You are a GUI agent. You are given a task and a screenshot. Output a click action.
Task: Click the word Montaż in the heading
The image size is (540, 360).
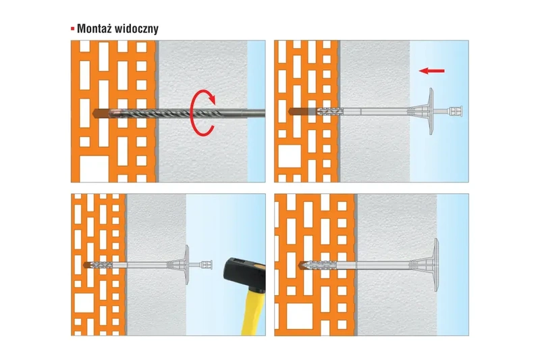(x=97, y=28)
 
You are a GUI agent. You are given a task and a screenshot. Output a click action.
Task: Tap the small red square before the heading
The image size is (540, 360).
(x=72, y=29)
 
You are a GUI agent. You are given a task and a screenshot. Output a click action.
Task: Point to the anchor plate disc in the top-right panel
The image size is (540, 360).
(x=432, y=111)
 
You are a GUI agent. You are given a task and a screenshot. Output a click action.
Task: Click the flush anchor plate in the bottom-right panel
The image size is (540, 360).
(x=438, y=264)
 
